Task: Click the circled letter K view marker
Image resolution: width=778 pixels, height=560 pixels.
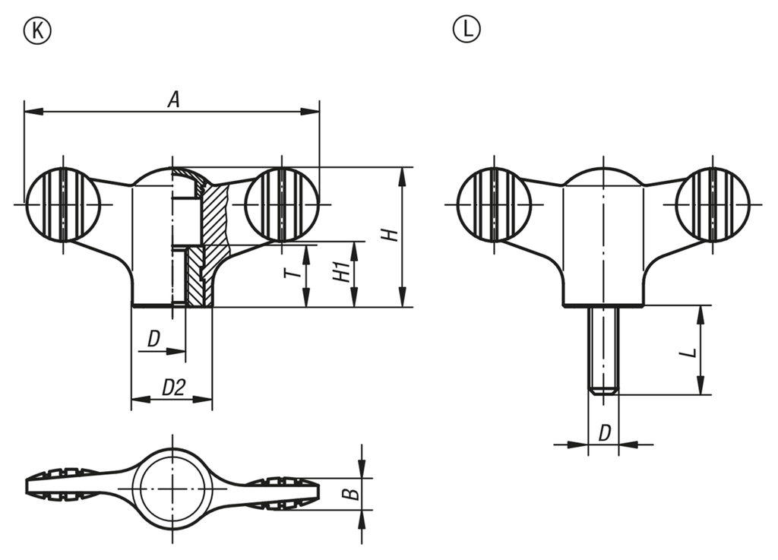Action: point(37,30)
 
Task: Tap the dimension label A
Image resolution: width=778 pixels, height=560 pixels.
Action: point(173,100)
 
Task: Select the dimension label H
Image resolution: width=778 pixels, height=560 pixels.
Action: point(392,235)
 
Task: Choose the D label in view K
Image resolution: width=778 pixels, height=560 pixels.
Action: point(153,339)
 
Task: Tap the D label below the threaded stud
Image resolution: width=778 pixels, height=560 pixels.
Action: point(604,433)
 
